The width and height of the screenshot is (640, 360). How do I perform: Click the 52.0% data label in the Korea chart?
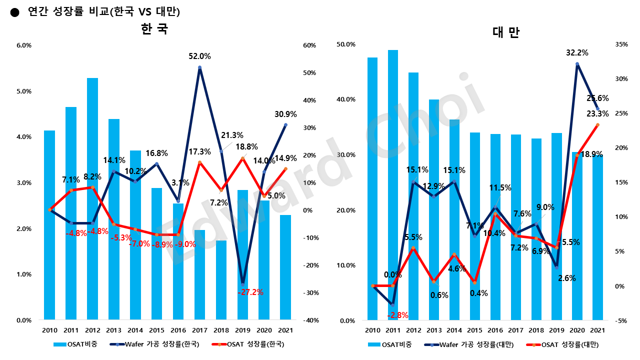click(199, 56)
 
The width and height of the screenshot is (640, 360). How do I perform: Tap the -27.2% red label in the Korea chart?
click(250, 292)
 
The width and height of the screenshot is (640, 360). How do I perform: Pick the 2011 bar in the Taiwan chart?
click(393, 184)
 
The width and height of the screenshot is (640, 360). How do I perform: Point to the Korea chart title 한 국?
click(154, 29)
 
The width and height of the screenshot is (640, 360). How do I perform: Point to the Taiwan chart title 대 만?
click(505, 33)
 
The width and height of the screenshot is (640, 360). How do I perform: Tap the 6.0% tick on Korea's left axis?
click(24, 45)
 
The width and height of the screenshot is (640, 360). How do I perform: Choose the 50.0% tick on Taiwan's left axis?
click(346, 44)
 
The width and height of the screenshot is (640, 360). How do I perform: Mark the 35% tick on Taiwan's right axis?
click(621, 44)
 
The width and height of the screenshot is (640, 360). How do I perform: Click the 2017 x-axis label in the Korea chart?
click(199, 330)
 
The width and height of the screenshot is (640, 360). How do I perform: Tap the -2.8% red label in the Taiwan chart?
click(397, 315)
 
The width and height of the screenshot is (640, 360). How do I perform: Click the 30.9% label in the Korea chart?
click(285, 114)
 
